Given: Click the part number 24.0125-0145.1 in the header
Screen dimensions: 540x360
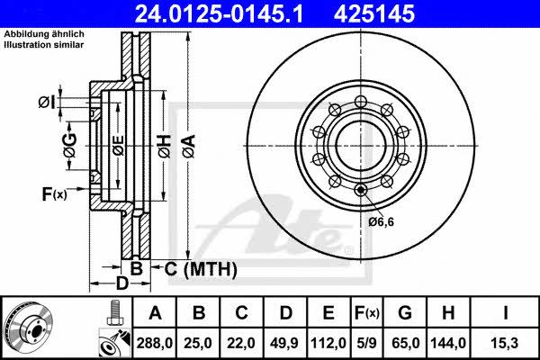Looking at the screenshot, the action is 219,13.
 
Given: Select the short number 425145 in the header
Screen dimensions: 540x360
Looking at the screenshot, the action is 374,13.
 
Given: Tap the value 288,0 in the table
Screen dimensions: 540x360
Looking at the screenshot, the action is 154,343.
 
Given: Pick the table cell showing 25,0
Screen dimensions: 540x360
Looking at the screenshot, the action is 198,343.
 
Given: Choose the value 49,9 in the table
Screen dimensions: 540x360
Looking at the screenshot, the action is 284,343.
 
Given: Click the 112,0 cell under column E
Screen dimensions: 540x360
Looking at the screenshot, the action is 328,343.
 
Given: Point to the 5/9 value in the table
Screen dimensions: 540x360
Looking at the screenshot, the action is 367,343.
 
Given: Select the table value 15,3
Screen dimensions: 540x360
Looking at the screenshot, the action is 505,343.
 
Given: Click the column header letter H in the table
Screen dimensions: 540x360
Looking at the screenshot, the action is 448,313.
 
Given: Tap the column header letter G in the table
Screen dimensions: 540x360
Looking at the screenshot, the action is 405,313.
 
